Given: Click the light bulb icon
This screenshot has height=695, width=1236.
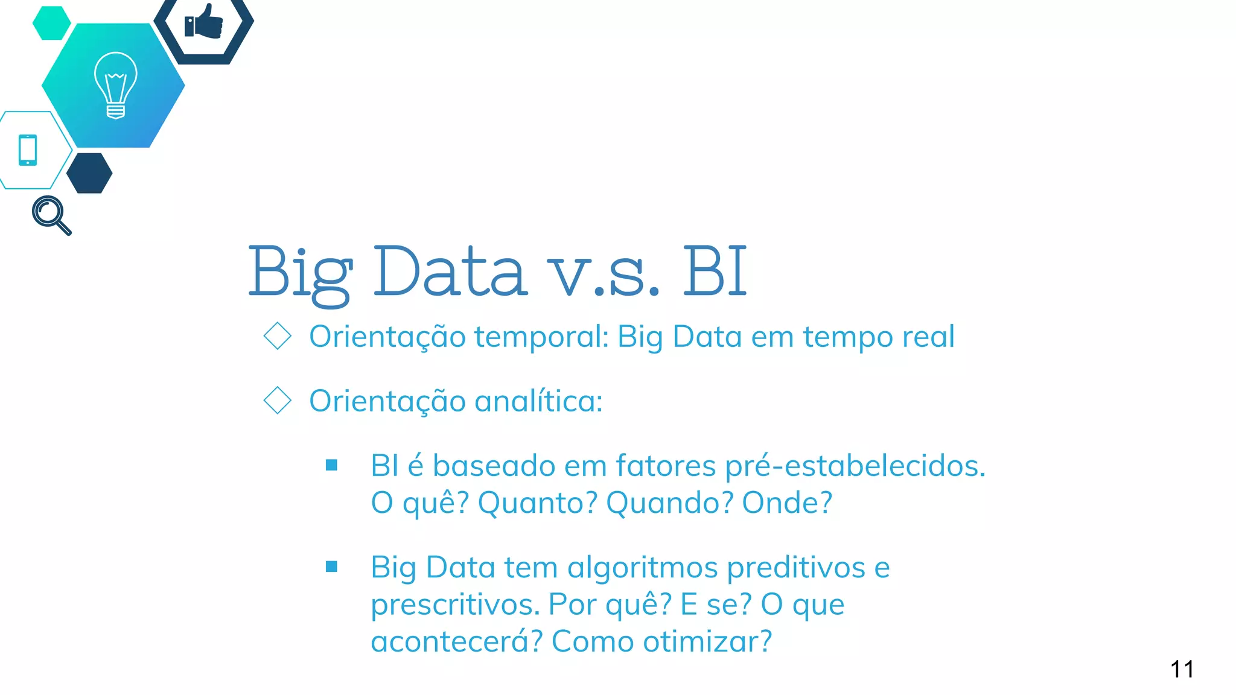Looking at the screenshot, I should (x=115, y=85).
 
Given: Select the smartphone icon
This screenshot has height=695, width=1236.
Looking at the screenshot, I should (x=28, y=150).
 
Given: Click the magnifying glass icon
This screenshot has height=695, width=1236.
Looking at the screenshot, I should (x=51, y=215).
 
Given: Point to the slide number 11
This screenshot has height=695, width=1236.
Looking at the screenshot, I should (x=1182, y=669).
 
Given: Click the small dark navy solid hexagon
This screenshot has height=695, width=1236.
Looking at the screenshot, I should (x=89, y=173).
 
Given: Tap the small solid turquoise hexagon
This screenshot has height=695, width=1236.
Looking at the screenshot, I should (x=51, y=23).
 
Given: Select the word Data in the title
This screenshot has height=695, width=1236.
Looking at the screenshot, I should (x=450, y=271).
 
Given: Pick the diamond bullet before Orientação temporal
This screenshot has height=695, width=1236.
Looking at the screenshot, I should (x=278, y=336).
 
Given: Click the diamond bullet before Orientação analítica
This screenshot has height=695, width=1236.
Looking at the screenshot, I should (x=278, y=401).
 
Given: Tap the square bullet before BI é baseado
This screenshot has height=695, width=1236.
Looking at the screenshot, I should (x=331, y=465).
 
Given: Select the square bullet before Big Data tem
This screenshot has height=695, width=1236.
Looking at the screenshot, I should (x=331, y=566).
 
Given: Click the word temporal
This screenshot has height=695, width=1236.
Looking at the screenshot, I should (x=541, y=337).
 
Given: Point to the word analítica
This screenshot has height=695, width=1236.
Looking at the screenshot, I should (x=538, y=401).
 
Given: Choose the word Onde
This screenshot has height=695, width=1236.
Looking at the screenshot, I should (x=786, y=503).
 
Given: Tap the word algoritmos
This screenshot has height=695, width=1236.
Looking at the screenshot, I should (x=642, y=568).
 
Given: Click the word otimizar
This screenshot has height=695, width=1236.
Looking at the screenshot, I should (x=706, y=641).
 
